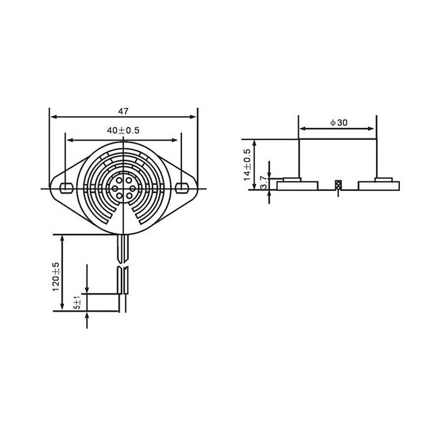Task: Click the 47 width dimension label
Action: click(x=123, y=111)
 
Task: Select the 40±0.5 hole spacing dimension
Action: click(x=123, y=130)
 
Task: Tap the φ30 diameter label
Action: click(x=339, y=123)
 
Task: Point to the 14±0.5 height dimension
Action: click(x=247, y=165)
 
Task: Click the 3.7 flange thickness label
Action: click(x=264, y=182)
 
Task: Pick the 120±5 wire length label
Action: click(x=56, y=277)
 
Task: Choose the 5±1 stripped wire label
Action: click(x=78, y=302)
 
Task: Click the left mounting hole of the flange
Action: click(x=66, y=188)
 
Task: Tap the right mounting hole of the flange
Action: click(x=181, y=188)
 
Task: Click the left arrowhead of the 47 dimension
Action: click(x=54, y=117)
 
